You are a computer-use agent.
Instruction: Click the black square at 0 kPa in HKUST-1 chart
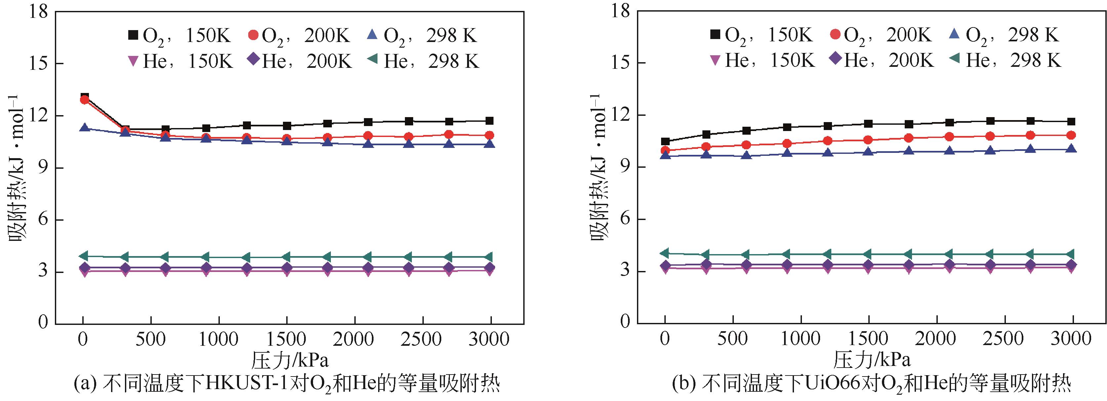[85, 96]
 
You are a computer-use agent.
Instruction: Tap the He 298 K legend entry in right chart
[1005, 61]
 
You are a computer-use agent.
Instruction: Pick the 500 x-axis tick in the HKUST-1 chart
[151, 339]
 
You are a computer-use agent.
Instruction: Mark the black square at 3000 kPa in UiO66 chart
[1071, 121]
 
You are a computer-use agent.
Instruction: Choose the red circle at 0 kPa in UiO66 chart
[665, 151]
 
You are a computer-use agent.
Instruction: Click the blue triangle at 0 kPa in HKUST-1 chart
[85, 128]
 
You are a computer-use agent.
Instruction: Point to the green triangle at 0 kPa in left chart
[85, 256]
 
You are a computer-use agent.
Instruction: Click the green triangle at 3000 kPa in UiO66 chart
[1071, 254]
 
